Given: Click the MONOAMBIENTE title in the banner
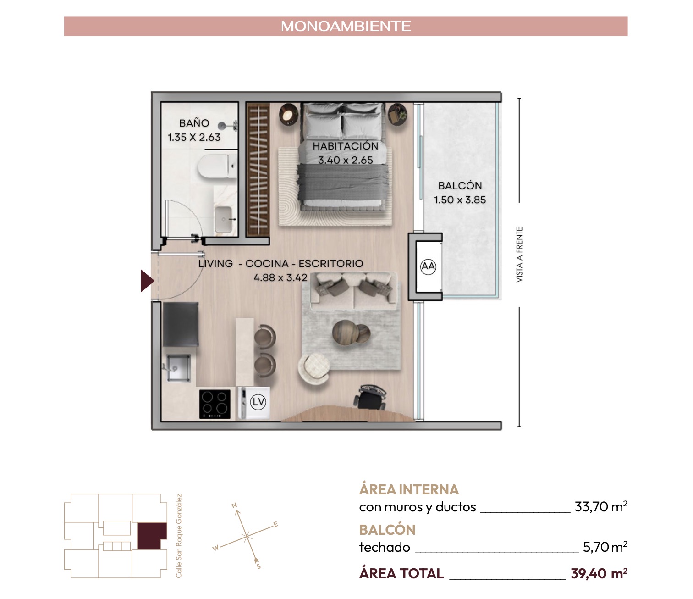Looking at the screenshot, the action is pyautogui.click(x=346, y=26).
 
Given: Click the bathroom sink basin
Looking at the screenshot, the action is pyautogui.click(x=224, y=219).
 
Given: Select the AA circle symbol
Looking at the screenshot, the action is pyautogui.click(x=428, y=266).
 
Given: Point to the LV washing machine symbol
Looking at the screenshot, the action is pyautogui.click(x=258, y=402).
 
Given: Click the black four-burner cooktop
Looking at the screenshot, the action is pyautogui.click(x=214, y=404).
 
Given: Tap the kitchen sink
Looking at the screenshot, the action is pyautogui.click(x=179, y=368).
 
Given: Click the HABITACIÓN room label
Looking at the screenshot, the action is pyautogui.click(x=345, y=146).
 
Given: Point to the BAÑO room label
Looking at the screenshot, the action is pyautogui.click(x=194, y=123).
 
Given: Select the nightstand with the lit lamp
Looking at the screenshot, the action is pyautogui.click(x=288, y=114).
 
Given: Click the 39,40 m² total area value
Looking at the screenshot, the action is pyautogui.click(x=599, y=573).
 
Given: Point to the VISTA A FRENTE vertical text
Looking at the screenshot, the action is pyautogui.click(x=519, y=255).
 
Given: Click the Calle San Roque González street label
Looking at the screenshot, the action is pyautogui.click(x=179, y=536).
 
